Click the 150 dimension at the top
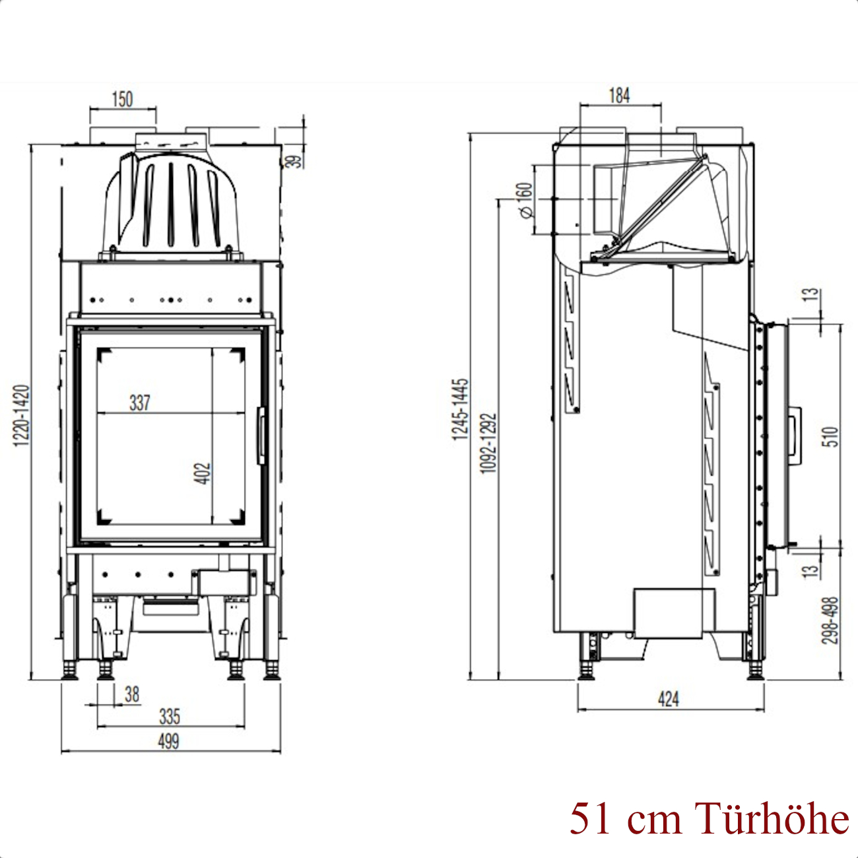123,99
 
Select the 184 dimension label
619,95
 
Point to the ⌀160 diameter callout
526,201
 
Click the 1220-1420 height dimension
21,416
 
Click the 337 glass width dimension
140,403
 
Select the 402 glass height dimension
202,473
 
